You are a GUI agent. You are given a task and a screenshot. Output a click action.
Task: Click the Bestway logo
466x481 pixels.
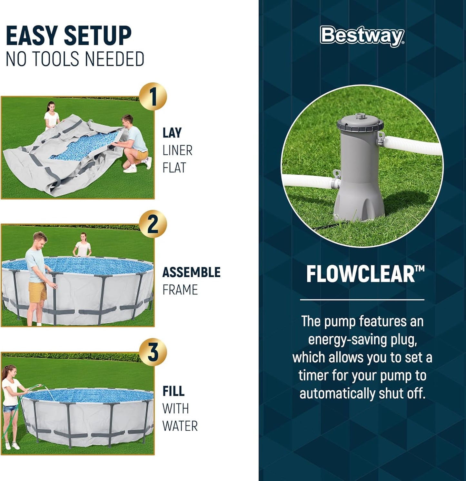pos(362,36)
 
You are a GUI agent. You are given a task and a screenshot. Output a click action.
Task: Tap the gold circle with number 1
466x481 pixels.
pos(153,97)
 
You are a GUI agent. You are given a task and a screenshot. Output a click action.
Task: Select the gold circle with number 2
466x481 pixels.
pos(153,224)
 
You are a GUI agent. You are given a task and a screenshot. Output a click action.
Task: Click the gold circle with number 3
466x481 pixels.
pos(153,352)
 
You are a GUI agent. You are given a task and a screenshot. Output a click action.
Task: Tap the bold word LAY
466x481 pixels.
pos(172,133)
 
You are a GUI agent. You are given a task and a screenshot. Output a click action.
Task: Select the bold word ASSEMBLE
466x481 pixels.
pos(191,272)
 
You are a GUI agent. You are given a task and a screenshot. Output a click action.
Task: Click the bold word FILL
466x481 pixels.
pos(174,391)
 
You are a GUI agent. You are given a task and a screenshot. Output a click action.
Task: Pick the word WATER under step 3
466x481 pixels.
pos(180,426)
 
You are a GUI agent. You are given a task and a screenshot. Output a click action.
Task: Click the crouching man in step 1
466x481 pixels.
pos(134,142)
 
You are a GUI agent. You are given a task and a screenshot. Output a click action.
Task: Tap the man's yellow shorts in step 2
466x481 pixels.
pos(37,291)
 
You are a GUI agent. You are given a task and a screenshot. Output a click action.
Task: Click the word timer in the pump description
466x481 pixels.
pos(313,376)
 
